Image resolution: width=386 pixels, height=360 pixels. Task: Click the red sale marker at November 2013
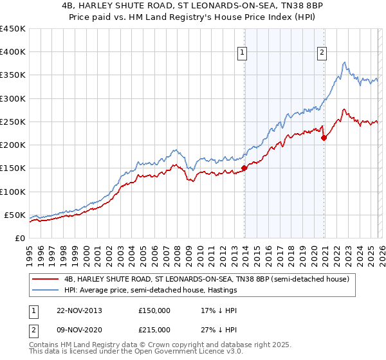click(244, 168)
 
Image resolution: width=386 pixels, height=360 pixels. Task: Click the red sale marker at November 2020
click(324, 138)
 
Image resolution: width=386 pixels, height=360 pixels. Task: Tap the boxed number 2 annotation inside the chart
click(321, 53)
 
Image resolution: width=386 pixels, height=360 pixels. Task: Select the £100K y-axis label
click(12, 192)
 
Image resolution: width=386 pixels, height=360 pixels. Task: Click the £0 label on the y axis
click(19, 238)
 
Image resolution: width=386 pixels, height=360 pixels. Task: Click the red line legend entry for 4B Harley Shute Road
click(206, 280)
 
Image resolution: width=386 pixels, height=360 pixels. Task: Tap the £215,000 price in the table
click(154, 330)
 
